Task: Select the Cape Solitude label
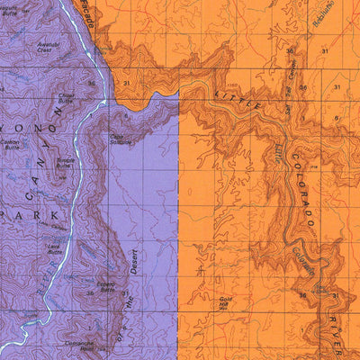(121, 139)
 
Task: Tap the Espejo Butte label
(107, 287)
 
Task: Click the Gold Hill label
(227, 301)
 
